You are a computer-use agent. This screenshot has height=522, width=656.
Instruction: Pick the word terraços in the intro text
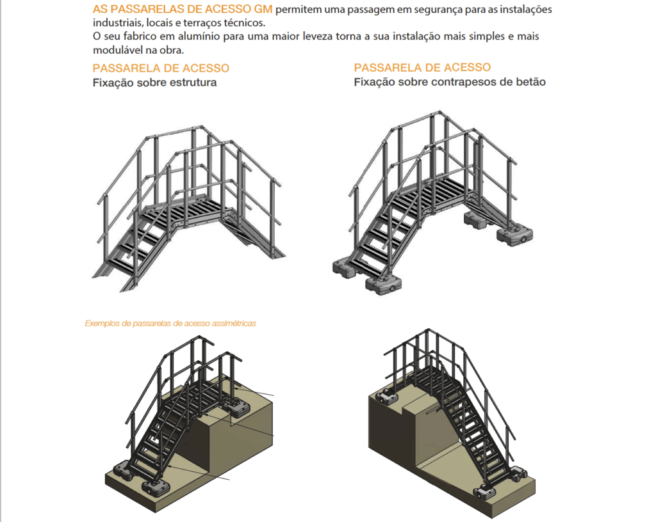[x=201, y=22]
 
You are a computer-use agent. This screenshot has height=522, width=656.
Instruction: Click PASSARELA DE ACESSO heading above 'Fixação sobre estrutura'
[x=161, y=68]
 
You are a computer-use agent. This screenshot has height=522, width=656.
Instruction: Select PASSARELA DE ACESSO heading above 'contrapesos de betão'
[x=422, y=67]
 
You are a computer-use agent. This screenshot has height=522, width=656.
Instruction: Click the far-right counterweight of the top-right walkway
[x=515, y=234]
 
